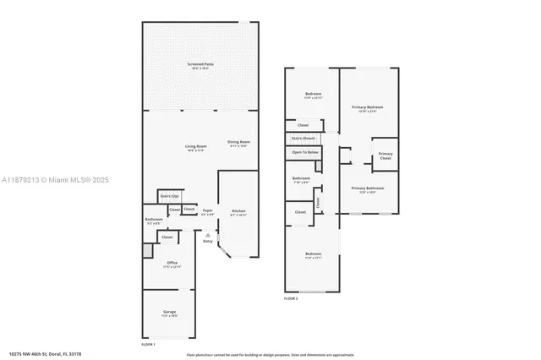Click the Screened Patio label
pos(199,64)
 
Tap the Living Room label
pos(196,147)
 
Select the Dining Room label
pos(238,142)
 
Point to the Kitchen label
pos(238,211)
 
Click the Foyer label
pos(207,211)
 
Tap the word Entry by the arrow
pos(208,241)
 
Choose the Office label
pos(172,263)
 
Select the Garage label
pos(169,313)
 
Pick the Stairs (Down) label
pos(303,138)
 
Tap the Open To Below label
pos(305,152)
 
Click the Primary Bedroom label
pos(368,108)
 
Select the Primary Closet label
pos(385,155)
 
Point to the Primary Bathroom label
pos(368,188)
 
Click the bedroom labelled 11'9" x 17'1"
pos(313,254)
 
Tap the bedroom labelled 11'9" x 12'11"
pos(313,95)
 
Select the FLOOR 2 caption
pos(292,298)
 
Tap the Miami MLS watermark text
pos(50,180)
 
